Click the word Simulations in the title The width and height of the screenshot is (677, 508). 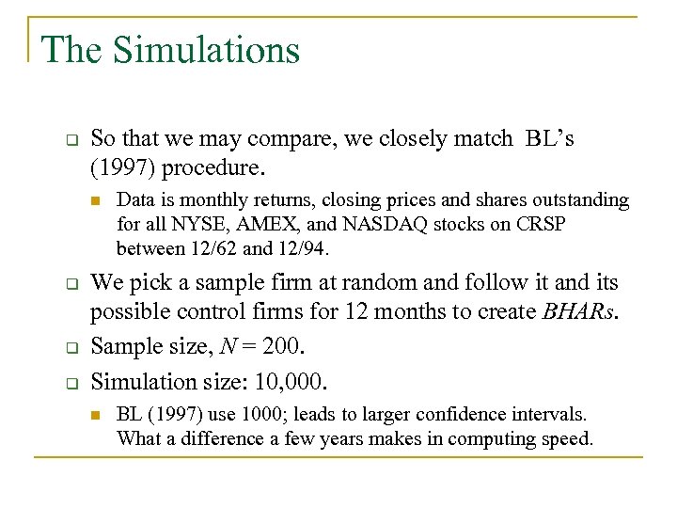206,50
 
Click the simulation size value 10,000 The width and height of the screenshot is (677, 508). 286,380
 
